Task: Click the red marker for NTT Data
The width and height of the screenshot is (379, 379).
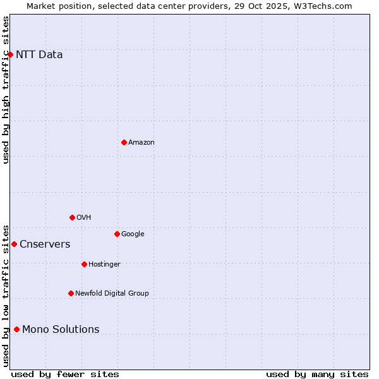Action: [10, 54]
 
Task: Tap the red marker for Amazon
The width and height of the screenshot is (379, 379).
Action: [124, 142]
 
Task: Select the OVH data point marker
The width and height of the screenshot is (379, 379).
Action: [72, 217]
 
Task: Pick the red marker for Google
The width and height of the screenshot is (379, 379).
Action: [117, 234]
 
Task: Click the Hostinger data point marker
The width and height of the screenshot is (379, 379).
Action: [84, 264]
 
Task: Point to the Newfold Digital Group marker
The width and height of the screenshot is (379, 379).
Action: [71, 293]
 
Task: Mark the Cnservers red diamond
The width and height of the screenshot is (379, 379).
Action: [14, 244]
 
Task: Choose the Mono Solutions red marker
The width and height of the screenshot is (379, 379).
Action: [16, 329]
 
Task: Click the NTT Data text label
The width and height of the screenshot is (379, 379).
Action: [39, 54]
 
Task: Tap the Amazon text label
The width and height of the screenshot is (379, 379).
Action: [141, 142]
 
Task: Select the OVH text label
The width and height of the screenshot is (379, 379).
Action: [84, 217]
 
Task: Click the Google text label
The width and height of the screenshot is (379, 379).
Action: [133, 234]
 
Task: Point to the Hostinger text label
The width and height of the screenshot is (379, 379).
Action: [104, 264]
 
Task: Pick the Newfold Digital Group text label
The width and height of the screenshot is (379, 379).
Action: [112, 293]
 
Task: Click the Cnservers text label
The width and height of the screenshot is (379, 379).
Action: [45, 244]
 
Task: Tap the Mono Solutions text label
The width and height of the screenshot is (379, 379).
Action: [61, 329]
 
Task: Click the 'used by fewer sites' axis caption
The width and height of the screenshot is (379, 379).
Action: [65, 374]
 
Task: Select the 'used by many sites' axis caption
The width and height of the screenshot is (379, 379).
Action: [317, 374]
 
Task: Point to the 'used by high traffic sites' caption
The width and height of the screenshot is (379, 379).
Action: [6, 90]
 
